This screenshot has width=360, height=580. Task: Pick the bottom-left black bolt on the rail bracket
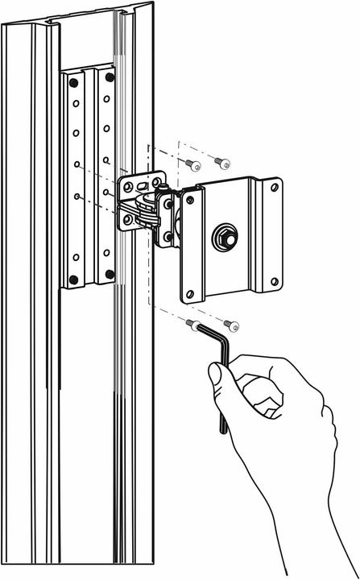[75, 280]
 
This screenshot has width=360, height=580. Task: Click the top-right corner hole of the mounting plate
[275, 188]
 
